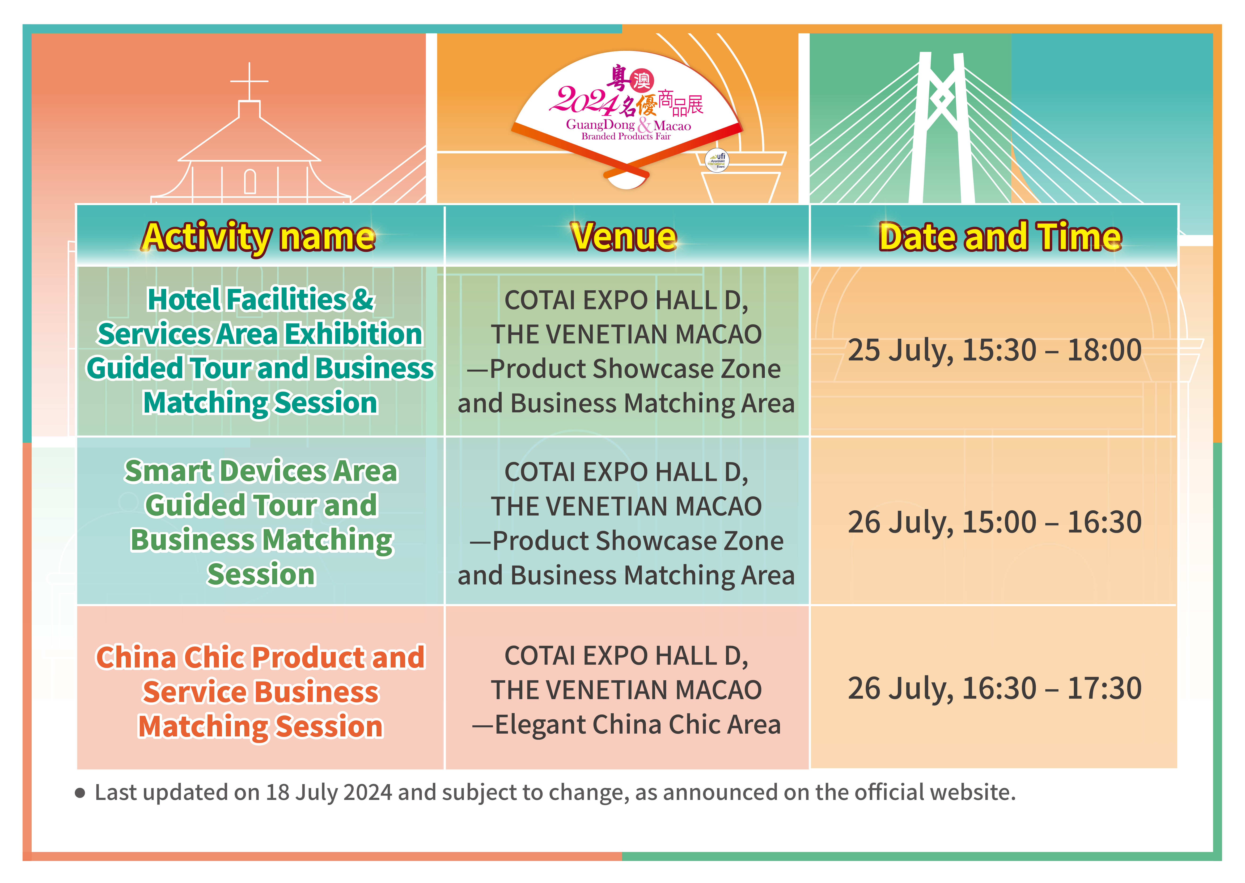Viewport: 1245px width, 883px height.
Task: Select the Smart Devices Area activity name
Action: click(x=261, y=523)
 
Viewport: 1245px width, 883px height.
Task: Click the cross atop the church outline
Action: click(x=250, y=82)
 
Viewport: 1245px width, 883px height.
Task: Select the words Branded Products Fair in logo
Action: click(x=626, y=136)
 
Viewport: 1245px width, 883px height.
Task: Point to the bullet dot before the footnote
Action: click(x=80, y=793)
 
